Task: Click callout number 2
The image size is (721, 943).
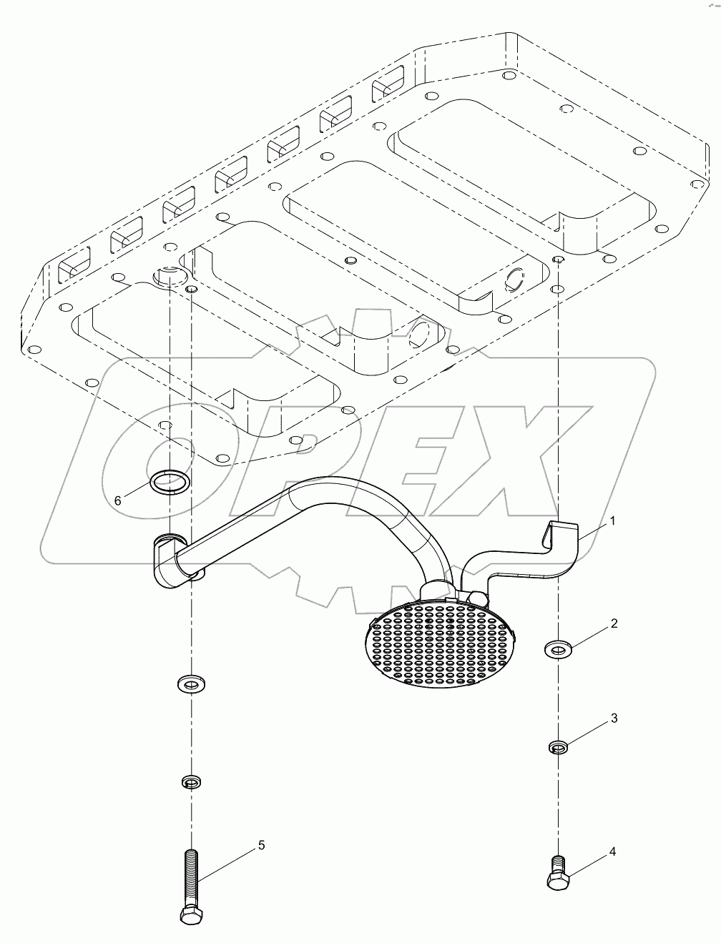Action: click(613, 623)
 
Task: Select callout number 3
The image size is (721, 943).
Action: click(613, 718)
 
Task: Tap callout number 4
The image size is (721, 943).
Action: click(613, 851)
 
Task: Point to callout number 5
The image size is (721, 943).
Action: click(261, 845)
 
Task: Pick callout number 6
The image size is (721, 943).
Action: click(118, 500)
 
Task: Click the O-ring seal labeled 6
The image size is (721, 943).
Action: click(170, 482)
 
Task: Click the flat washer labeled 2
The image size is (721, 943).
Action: click(557, 650)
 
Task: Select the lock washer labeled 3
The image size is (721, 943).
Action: click(558, 747)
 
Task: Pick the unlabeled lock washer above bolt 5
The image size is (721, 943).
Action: click(190, 781)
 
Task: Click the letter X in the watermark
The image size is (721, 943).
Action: click(529, 465)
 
